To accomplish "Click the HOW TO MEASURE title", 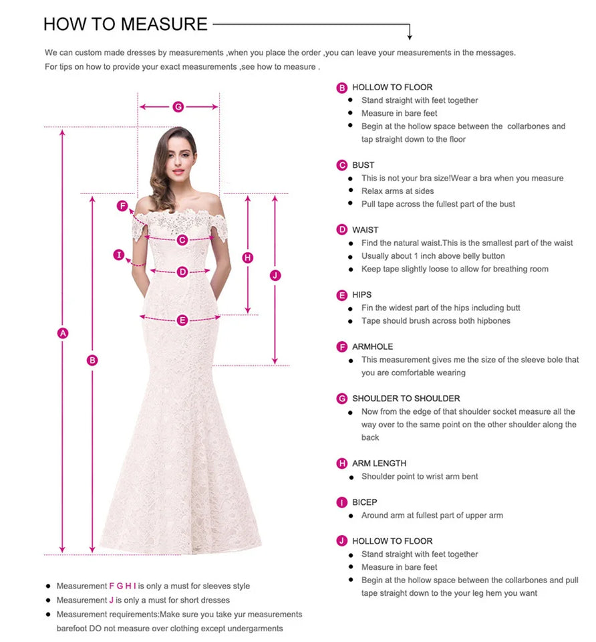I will (x=126, y=24).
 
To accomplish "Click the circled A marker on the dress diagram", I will (x=63, y=332).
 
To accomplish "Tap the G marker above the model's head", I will (x=178, y=106).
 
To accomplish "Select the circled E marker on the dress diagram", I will (x=182, y=320).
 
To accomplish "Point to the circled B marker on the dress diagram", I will (x=92, y=360).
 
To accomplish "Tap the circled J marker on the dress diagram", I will (x=275, y=276).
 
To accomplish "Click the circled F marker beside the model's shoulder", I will (x=122, y=206).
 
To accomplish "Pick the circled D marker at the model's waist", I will (x=182, y=272).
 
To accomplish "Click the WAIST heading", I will (x=365, y=230).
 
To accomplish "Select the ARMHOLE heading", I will (x=373, y=346).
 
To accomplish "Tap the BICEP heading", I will (x=365, y=502).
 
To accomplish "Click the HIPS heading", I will (x=362, y=295).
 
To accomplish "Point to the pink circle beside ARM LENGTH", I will (x=342, y=463).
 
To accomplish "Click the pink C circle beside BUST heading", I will (x=342, y=165).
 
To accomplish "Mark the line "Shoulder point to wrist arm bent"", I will (x=420, y=477).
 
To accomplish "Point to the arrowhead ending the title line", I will (x=410, y=37).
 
